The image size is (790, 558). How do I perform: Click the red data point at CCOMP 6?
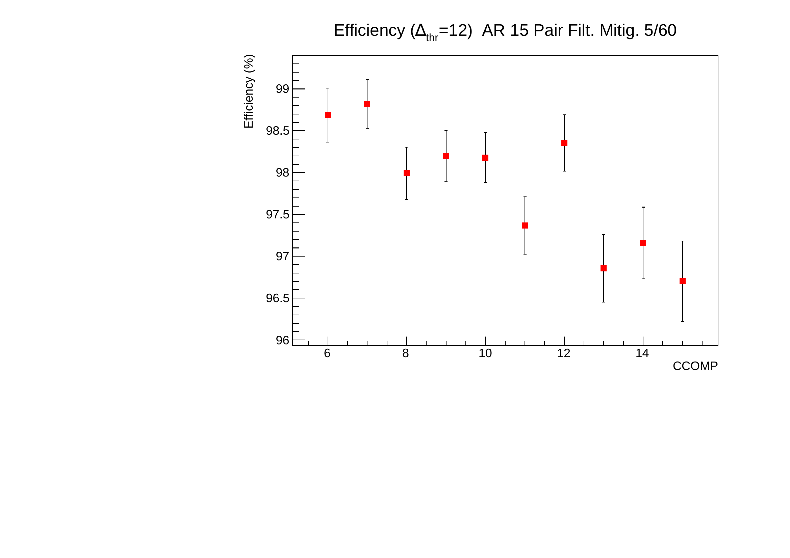tap(328, 115)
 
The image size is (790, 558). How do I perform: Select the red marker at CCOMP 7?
tap(367, 104)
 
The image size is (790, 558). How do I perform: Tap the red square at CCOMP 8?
tap(407, 173)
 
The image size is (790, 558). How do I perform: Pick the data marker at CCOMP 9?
tap(446, 156)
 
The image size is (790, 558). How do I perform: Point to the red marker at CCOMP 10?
tap(485, 158)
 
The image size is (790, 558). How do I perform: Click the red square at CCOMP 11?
tap(525, 225)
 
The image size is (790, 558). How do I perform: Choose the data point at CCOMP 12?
tap(564, 143)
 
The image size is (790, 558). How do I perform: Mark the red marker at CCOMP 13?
tap(604, 268)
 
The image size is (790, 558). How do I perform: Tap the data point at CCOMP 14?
tap(643, 243)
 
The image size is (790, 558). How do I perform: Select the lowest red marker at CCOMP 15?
tap(683, 281)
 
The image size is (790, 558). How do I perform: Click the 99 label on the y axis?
tap(282, 89)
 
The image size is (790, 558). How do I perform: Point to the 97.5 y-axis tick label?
tap(277, 215)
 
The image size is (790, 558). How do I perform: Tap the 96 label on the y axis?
tap(282, 340)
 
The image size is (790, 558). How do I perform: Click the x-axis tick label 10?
tap(485, 353)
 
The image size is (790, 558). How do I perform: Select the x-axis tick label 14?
tap(642, 353)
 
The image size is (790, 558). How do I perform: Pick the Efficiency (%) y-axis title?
tap(249, 91)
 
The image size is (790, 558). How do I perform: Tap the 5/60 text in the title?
tap(660, 31)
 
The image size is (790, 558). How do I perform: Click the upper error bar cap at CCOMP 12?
tap(564, 115)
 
